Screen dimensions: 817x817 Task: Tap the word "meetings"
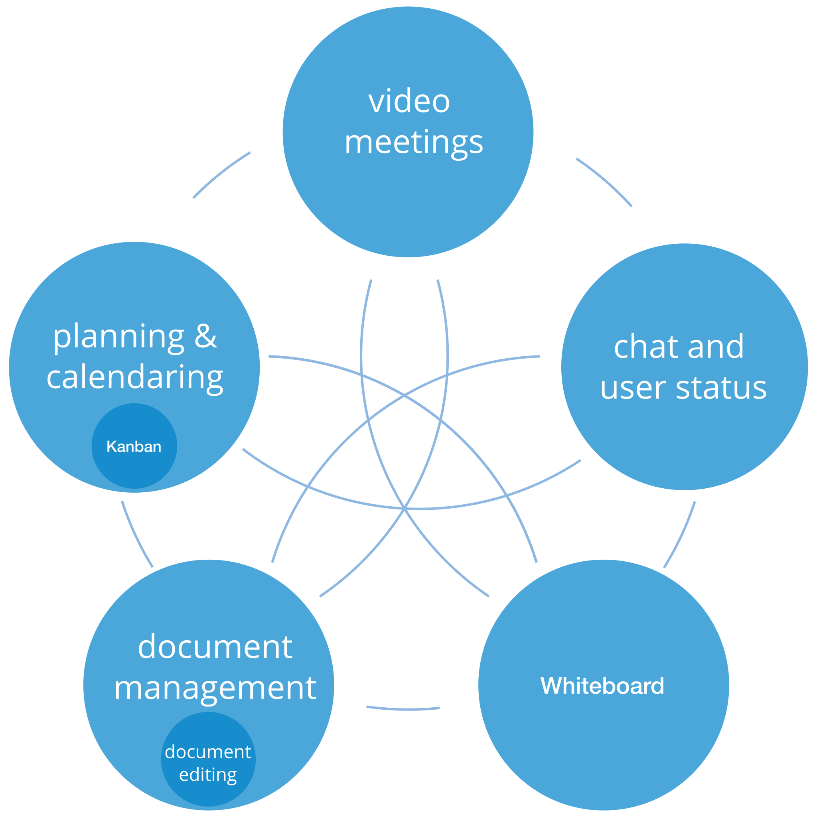tap(414, 142)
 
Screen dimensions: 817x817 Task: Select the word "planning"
tap(119, 337)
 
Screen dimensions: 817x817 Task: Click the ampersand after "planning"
tap(205, 336)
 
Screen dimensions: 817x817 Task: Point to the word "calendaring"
tap(135, 377)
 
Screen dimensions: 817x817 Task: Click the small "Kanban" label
tap(134, 446)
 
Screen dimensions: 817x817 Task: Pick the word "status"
tap(721, 387)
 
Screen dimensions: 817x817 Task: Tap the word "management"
tap(215, 688)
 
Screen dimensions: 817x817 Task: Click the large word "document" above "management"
tap(215, 647)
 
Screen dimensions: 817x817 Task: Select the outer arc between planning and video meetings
tap(220, 174)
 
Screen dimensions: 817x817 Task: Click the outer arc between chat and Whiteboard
tap(681, 535)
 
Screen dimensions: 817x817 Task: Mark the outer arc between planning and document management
tap(136, 535)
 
